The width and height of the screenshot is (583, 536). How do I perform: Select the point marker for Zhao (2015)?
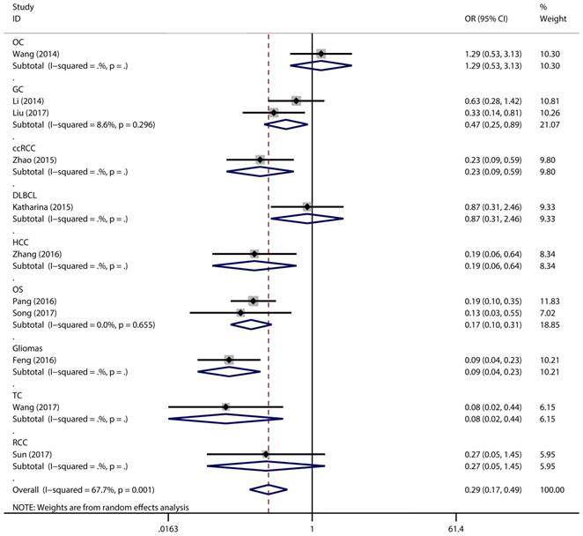coord(260,160)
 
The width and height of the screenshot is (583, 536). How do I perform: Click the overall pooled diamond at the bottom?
coord(269,489)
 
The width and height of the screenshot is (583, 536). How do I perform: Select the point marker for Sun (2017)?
coord(266,454)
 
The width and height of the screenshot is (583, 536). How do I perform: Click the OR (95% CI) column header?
coord(490,19)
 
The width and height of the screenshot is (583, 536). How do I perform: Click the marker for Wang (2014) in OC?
coord(321,55)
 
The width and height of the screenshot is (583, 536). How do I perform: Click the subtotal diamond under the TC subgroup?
coord(225,419)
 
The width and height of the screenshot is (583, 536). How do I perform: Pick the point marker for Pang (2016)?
coord(253,301)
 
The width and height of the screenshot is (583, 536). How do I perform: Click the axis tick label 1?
coord(313,528)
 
